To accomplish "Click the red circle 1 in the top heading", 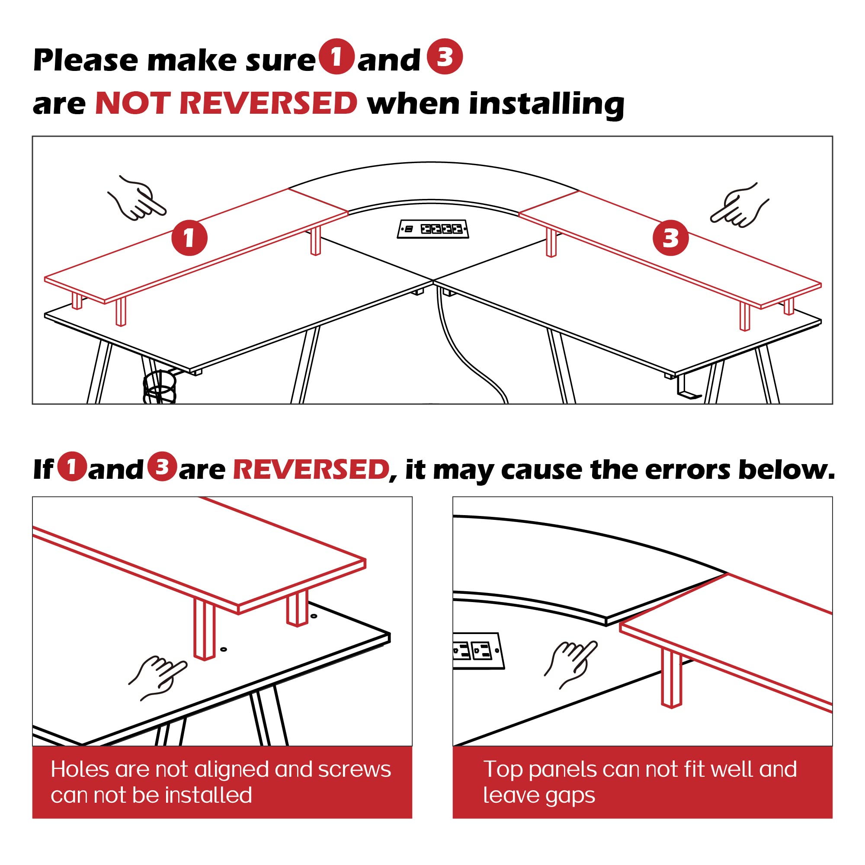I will tap(336, 56).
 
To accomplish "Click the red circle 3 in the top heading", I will tap(444, 56).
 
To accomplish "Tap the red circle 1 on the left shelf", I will tap(189, 238).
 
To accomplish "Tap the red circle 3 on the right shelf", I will tap(670, 238).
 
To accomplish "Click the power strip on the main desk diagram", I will tap(433, 229).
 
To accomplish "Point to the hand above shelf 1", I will tap(137, 199).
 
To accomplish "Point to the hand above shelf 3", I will tap(739, 205).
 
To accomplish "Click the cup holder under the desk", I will tap(160, 387).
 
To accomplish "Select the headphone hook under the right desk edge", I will tap(688, 388).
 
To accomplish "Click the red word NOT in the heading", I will tap(132, 103).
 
